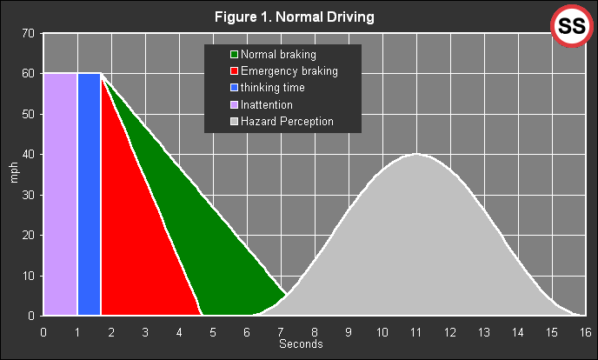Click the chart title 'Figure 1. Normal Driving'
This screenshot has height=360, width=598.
[300, 17]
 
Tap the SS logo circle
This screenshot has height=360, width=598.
[571, 27]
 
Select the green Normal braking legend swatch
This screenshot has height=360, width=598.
[234, 55]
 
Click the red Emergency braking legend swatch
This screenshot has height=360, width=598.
[234, 71]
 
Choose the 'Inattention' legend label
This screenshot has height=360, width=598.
[272, 104]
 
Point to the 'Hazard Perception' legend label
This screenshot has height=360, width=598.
[287, 122]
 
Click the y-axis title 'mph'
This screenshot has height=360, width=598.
[13, 174]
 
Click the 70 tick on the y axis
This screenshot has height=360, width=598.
[28, 34]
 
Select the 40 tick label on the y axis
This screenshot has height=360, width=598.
[28, 155]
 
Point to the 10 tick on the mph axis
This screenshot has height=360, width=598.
[28, 276]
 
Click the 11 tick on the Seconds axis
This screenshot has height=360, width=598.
[415, 331]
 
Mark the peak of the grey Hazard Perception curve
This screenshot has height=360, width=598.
[416, 155]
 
